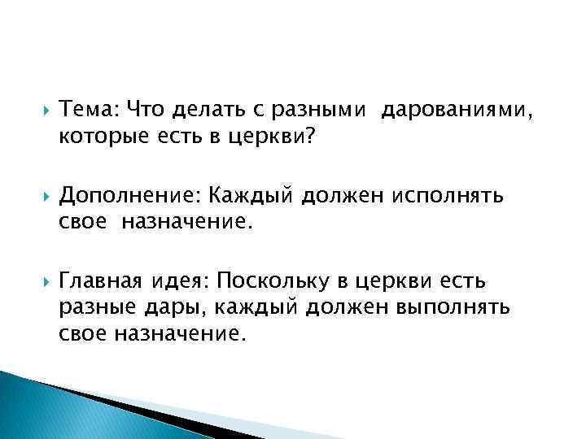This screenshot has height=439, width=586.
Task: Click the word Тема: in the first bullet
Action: pyautogui.click(x=89, y=111)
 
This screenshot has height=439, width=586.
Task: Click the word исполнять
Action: pyautogui.click(x=438, y=197)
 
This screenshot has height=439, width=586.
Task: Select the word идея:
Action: pyautogui.click(x=179, y=282)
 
